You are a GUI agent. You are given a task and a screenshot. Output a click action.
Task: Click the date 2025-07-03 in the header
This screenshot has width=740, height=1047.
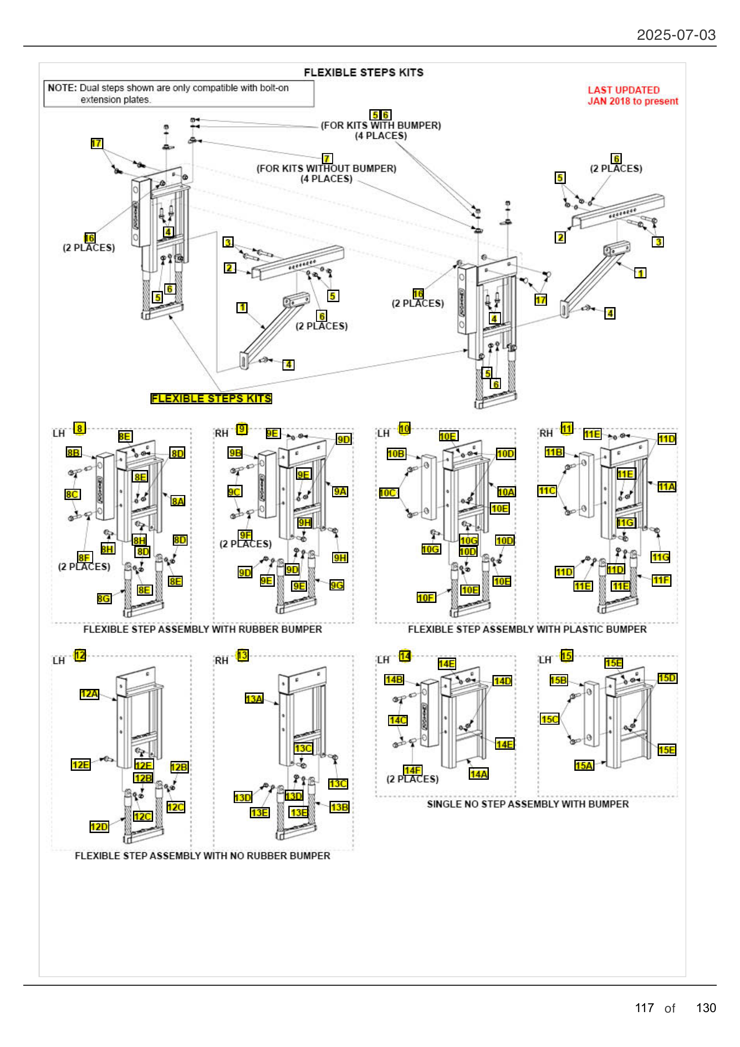click(676, 35)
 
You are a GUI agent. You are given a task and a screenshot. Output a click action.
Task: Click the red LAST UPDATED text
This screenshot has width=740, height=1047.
click(623, 90)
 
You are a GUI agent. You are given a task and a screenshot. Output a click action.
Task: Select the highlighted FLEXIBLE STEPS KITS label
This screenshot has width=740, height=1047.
click(211, 398)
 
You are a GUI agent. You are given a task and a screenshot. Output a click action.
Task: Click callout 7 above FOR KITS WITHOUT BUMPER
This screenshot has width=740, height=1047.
click(327, 158)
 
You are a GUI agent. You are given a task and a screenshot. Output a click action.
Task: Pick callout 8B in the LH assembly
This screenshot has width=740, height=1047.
click(73, 453)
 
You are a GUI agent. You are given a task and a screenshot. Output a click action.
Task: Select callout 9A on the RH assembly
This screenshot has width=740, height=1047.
click(340, 491)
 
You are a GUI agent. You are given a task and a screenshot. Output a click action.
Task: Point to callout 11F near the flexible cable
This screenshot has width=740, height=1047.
click(661, 580)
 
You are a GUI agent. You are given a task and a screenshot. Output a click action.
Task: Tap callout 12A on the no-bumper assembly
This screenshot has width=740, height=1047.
click(90, 693)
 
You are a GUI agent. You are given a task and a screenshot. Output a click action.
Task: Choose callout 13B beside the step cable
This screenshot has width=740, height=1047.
click(340, 807)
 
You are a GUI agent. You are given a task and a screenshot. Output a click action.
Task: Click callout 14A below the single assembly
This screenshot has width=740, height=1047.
click(479, 774)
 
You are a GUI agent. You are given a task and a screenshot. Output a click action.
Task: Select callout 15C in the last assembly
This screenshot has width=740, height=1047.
click(550, 719)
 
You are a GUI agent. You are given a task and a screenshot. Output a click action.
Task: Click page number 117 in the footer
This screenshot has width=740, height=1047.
click(644, 1008)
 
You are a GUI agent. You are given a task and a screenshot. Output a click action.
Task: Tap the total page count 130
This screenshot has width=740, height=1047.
click(706, 1008)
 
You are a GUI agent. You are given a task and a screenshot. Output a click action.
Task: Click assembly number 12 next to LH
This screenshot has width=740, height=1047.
click(80, 655)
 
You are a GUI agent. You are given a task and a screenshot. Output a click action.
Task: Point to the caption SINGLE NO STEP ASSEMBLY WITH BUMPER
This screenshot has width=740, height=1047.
click(527, 804)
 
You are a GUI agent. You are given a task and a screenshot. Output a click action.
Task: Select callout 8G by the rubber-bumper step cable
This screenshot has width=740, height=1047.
click(104, 598)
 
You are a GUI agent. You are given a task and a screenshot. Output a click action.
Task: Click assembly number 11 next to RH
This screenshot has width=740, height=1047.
click(567, 428)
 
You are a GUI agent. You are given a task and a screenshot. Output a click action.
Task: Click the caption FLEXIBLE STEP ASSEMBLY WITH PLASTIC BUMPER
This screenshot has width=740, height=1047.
click(527, 629)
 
